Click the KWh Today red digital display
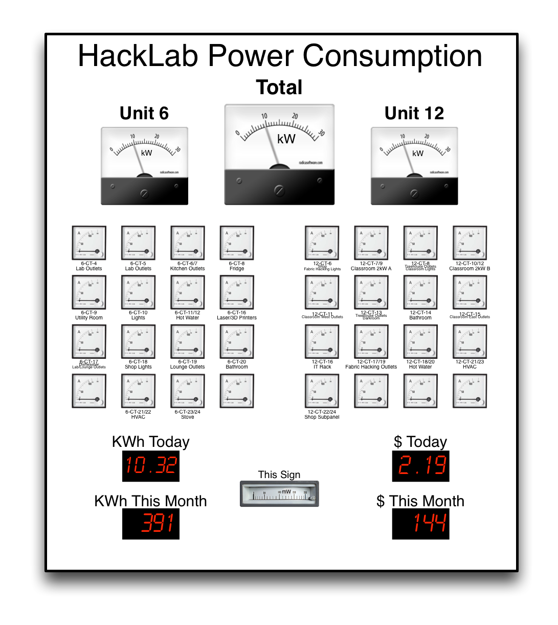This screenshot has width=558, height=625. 151,466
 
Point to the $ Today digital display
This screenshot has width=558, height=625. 420,466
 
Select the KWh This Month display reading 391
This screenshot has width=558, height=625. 151,524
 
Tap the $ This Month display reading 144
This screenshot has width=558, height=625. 420,524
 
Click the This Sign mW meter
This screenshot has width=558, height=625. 279,494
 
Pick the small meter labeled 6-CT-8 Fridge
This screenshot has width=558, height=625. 237,243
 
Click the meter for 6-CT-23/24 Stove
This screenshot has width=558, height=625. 188,391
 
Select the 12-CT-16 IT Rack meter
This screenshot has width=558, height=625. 322,341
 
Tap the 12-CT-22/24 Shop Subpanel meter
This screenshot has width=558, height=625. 322,391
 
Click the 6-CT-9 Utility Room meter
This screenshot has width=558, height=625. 89,292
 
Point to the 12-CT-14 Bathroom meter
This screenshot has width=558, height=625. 420,292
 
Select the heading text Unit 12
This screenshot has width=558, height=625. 414,113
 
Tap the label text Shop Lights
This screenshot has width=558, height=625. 138,367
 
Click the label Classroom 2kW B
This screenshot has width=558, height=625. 470,269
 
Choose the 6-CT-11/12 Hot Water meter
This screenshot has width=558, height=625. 188,292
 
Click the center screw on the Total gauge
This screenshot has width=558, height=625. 279,191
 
